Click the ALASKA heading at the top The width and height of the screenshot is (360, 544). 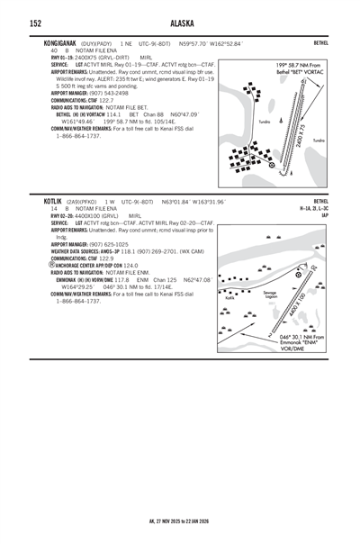180,23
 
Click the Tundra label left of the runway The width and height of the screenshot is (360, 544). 264,120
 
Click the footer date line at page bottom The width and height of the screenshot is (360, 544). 180,521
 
